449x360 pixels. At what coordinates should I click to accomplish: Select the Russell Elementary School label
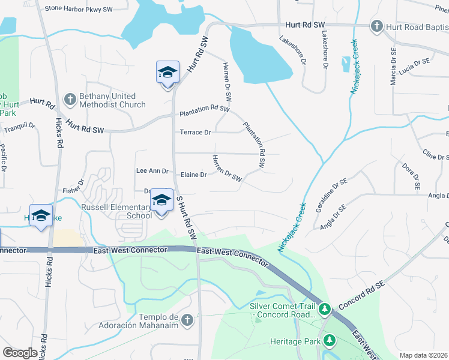click(x=116, y=211)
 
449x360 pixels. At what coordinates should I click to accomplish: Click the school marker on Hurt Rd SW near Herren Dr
click(x=167, y=73)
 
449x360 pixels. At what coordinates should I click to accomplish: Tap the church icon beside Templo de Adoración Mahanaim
click(x=187, y=320)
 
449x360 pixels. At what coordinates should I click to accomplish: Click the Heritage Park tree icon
click(x=329, y=340)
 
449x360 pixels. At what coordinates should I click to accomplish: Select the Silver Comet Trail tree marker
click(x=325, y=310)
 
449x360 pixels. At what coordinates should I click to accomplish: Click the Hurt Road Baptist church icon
click(x=376, y=26)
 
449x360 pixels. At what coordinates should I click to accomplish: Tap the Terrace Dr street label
click(x=196, y=132)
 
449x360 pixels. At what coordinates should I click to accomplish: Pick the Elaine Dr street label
click(x=194, y=175)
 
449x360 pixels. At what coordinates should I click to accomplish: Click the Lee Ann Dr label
click(x=152, y=171)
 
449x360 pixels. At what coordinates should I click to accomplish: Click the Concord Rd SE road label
click(x=361, y=295)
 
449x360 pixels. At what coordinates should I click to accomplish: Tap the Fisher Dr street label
click(x=73, y=191)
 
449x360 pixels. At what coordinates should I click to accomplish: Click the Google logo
click(x=20, y=353)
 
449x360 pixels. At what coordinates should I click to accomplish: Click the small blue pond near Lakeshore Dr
click(x=346, y=64)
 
